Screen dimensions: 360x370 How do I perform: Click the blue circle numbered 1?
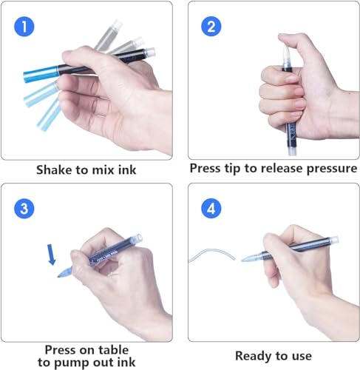click(24, 27)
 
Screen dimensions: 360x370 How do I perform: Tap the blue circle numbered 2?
click(211, 26)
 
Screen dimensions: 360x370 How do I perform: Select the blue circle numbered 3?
click(24, 209)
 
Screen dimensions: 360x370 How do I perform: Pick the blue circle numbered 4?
click(211, 209)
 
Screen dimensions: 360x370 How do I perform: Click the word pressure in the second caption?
click(332, 169)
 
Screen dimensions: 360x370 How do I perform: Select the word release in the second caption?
click(282, 168)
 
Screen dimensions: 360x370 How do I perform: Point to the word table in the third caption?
click(113, 350)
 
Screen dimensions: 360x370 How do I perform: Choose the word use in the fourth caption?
click(302, 357)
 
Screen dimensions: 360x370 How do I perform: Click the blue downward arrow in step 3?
click(51, 255)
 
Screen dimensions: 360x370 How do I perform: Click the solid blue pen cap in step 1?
click(41, 73)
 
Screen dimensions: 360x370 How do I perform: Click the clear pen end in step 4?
click(333, 240)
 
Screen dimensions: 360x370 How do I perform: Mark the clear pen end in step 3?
click(137, 238)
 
